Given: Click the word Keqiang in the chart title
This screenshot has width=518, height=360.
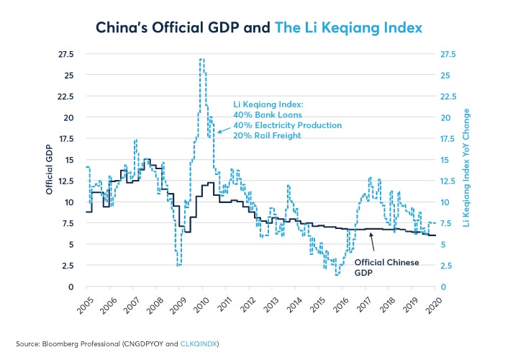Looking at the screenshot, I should pos(357,27).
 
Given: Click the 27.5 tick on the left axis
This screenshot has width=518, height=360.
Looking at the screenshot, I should pos(66,54).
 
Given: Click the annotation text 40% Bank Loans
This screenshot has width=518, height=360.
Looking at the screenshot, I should pos(268,114).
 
